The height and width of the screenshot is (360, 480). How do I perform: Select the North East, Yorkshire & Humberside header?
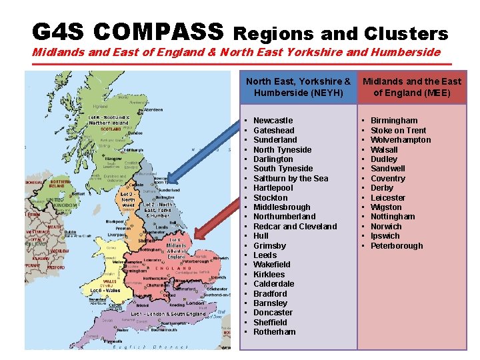(298, 87)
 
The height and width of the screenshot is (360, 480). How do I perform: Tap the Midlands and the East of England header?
(411, 87)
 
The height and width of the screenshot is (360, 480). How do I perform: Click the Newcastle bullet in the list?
(273, 121)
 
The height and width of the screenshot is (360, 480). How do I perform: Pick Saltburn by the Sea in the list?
(291, 178)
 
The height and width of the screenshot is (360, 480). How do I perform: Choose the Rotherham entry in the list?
(274, 332)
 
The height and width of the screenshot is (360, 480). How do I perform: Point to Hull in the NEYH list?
(261, 236)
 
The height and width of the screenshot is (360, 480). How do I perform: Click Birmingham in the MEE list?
(394, 121)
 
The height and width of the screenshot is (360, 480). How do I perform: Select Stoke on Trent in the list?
(398, 130)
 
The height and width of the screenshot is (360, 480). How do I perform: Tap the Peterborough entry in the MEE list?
(397, 245)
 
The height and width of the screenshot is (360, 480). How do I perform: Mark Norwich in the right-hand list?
(385, 226)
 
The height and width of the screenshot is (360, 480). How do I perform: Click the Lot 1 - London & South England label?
(168, 313)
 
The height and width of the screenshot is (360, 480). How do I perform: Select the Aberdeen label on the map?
(153, 109)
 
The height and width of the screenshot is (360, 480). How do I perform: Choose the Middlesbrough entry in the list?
(281, 207)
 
